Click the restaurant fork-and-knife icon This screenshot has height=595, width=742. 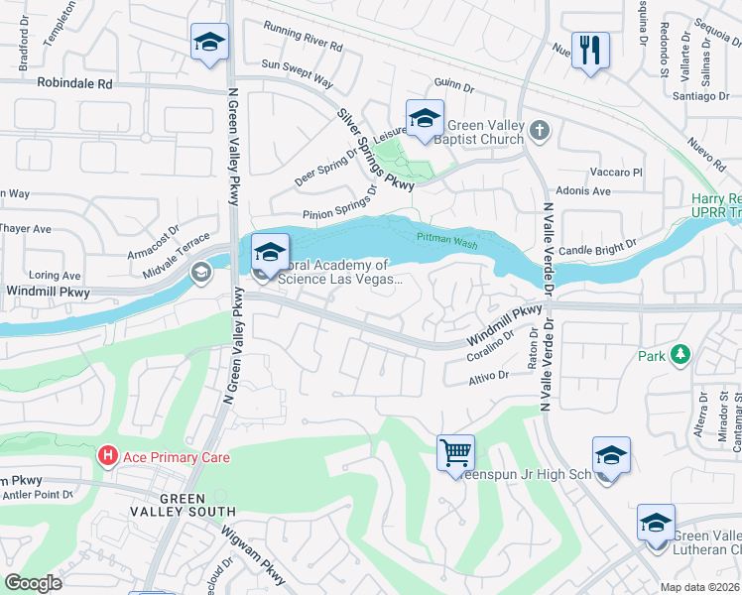pos(590,50)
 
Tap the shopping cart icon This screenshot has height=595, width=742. pos(455,453)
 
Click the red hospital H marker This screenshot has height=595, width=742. pos(107,457)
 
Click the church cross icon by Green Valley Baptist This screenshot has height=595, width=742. pos(539,130)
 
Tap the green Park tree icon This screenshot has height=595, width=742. pos(680,354)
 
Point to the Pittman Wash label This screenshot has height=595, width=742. pos(447,238)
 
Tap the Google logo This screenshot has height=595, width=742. pos(33,583)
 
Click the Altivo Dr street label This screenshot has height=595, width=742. pos(488,375)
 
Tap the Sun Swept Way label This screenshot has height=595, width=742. pos(297,69)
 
